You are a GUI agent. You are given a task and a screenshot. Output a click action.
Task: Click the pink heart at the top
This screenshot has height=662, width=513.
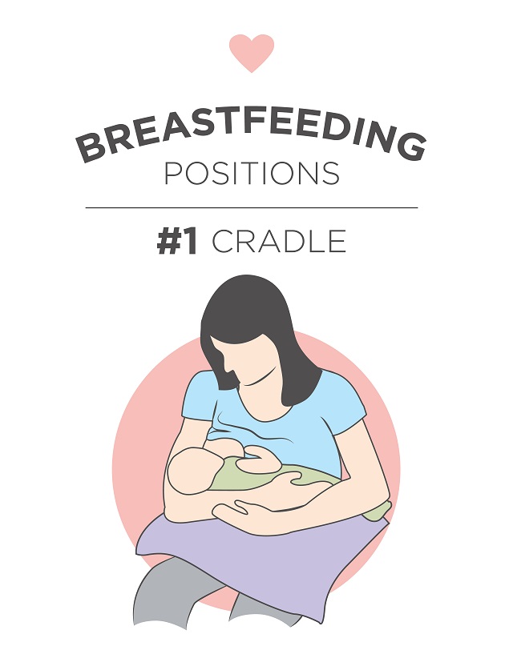[x=252, y=52]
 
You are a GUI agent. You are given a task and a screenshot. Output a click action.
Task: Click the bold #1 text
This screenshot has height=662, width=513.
[x=177, y=242]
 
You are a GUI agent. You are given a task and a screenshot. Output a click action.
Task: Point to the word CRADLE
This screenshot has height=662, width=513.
[x=279, y=242]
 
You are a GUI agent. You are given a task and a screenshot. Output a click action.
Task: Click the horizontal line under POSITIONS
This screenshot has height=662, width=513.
[x=252, y=207]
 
